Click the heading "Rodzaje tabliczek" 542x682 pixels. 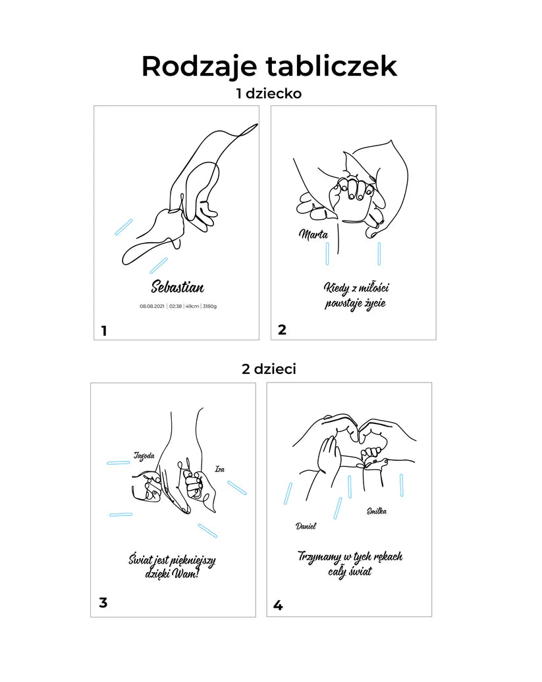click(269, 66)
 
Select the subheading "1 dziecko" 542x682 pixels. click(269, 93)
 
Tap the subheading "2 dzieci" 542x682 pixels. click(269, 369)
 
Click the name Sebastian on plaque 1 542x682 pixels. click(177, 286)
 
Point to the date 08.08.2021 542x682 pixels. click(152, 306)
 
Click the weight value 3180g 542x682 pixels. click(209, 306)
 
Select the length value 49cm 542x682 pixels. click(192, 306)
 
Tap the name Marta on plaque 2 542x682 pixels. click(313, 234)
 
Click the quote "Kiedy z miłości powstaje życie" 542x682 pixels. click(356, 296)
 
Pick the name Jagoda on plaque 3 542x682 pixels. click(144, 456)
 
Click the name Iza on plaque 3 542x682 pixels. click(220, 469)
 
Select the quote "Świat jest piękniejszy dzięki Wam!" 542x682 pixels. click(172, 566)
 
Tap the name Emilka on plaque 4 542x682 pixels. click(376, 511)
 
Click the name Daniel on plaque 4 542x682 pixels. click(306, 526)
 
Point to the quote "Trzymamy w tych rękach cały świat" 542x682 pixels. click(350, 564)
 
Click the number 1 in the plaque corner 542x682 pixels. click(104, 331)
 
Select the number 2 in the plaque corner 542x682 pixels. click(282, 330)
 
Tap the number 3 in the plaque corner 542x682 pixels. click(103, 602)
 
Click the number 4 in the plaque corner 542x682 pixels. click(278, 605)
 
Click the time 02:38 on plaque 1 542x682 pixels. click(175, 306)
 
